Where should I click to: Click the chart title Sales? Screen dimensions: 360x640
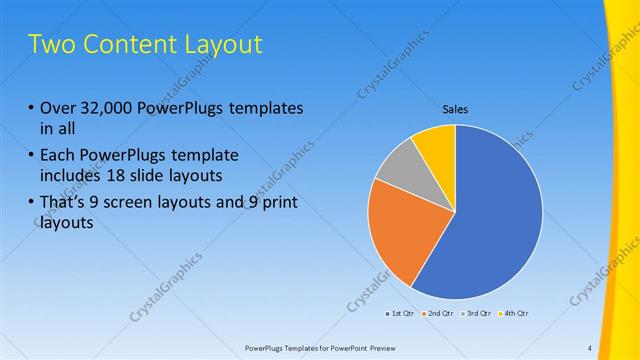point(455,109)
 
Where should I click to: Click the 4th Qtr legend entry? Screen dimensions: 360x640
point(514,313)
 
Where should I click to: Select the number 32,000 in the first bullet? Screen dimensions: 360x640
point(101,108)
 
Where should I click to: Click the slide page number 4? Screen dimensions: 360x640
point(590,348)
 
